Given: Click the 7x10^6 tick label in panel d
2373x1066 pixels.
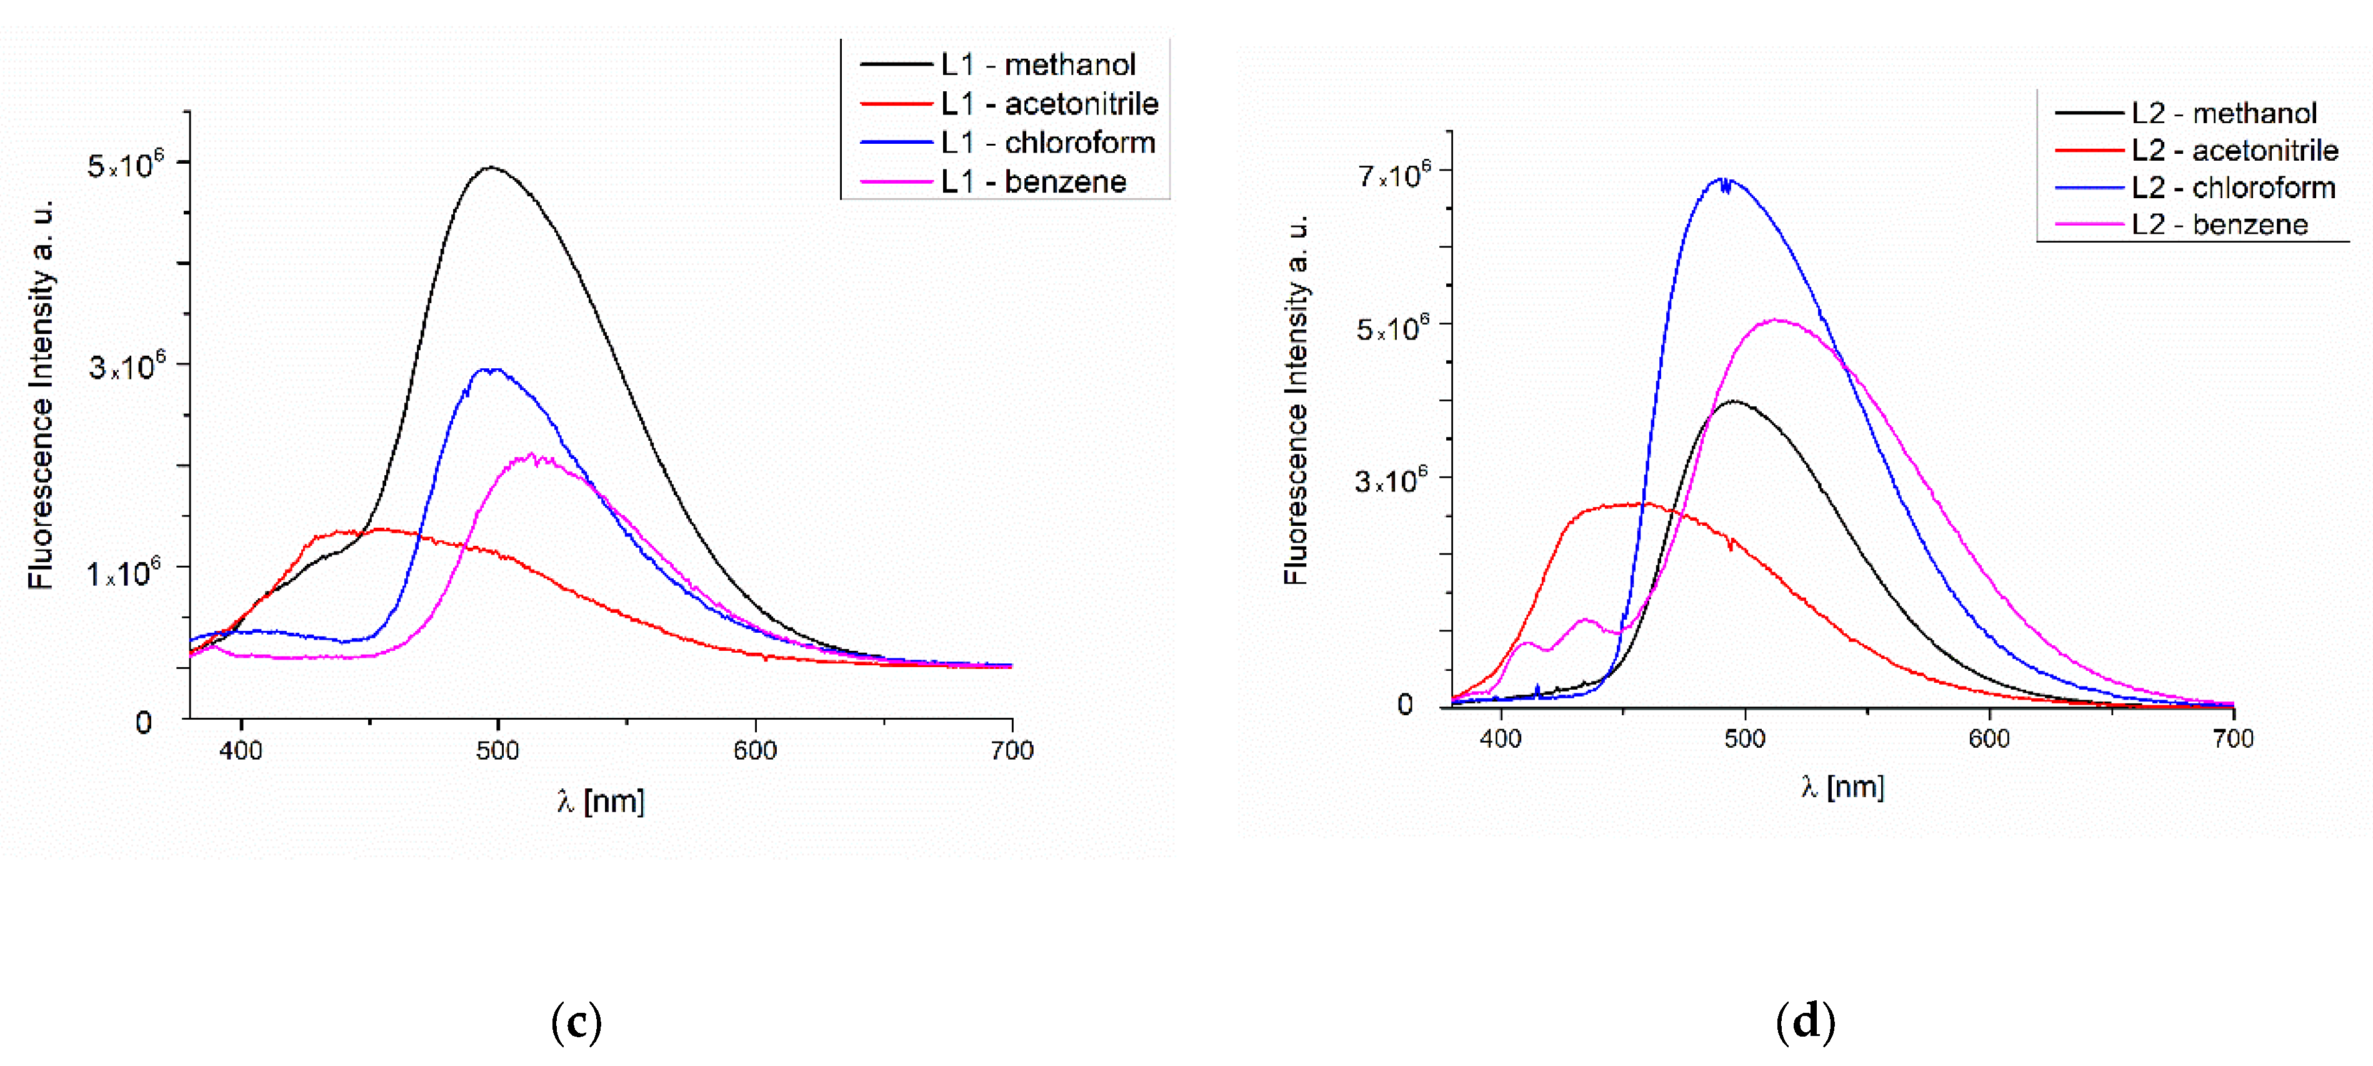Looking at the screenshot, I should (x=1394, y=174).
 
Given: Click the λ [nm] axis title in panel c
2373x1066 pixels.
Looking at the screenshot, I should (x=601, y=801).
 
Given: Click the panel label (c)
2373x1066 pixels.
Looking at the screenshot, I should (x=577, y=1022).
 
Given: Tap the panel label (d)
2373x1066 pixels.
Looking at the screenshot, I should (x=1805, y=1022).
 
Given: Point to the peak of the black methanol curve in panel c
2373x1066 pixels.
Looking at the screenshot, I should (x=492, y=168).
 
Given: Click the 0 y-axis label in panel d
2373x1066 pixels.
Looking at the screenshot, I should (x=1405, y=705).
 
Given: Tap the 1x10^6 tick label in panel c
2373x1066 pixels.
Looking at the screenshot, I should (x=124, y=573).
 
